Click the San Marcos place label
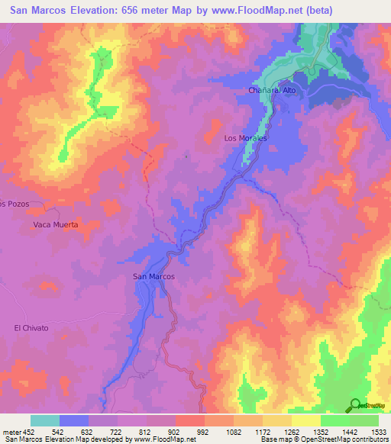pyautogui.click(x=153, y=276)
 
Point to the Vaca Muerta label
pyautogui.click(x=56, y=225)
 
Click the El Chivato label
pyautogui.click(x=31, y=328)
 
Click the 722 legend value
pyautogui.click(x=118, y=431)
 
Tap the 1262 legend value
pyautogui.click(x=292, y=431)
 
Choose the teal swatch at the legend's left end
pyautogui.click(x=44, y=420)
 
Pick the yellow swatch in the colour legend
pyautogui.click(x=305, y=420)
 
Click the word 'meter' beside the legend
pyautogui.click(x=11, y=431)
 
